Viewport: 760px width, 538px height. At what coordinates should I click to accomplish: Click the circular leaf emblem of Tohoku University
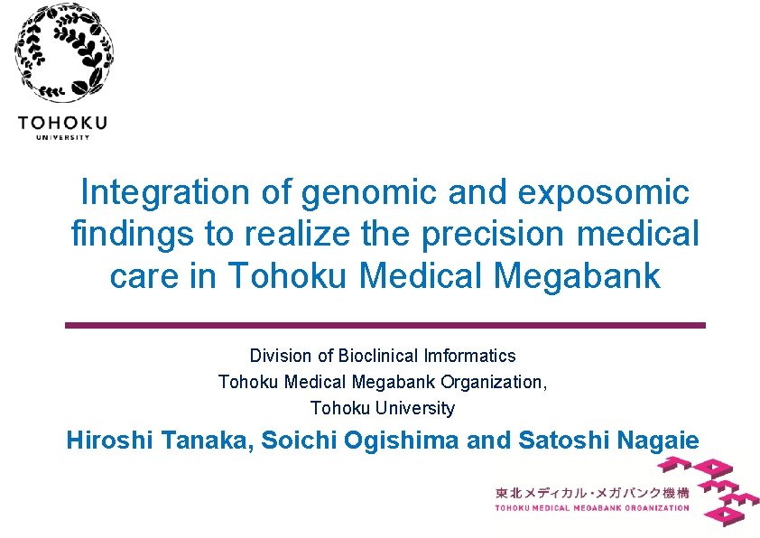point(64,53)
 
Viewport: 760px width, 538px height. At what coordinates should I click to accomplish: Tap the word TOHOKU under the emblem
point(62,123)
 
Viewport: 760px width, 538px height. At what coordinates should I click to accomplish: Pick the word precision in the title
point(509,235)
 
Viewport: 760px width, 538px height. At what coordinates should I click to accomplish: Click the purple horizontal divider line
point(385,325)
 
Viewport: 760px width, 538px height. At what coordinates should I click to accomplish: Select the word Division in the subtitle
point(278,356)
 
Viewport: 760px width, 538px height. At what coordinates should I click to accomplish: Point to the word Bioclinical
point(369,356)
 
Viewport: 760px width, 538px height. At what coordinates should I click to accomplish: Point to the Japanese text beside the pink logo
point(592,492)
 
